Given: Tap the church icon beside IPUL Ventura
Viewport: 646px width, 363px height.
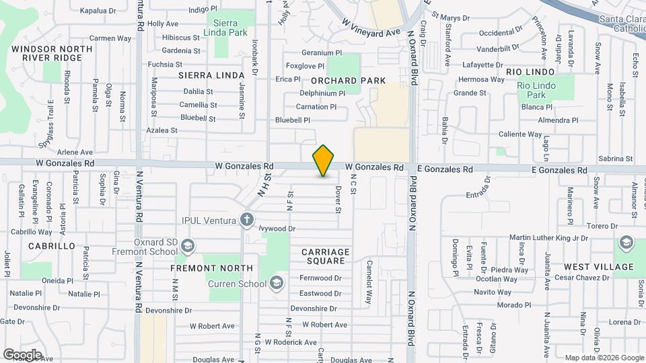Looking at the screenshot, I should pyautogui.click(x=248, y=220).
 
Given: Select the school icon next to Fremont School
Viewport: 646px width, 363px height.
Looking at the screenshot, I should pyautogui.click(x=187, y=245).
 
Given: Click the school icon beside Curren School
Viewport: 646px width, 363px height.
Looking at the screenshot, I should pyautogui.click(x=276, y=284).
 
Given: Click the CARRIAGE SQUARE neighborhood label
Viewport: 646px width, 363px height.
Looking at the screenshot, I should pyautogui.click(x=325, y=256).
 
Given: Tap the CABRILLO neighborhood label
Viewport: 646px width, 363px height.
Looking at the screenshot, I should pyautogui.click(x=52, y=246).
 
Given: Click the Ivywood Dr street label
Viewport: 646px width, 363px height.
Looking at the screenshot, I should pyautogui.click(x=277, y=229).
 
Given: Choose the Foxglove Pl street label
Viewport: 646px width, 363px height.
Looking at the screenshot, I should pyautogui.click(x=305, y=66).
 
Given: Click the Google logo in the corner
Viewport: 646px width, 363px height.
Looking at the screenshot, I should pyautogui.click(x=22, y=354).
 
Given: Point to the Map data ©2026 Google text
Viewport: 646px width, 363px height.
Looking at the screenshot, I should pyautogui.click(x=604, y=358).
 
